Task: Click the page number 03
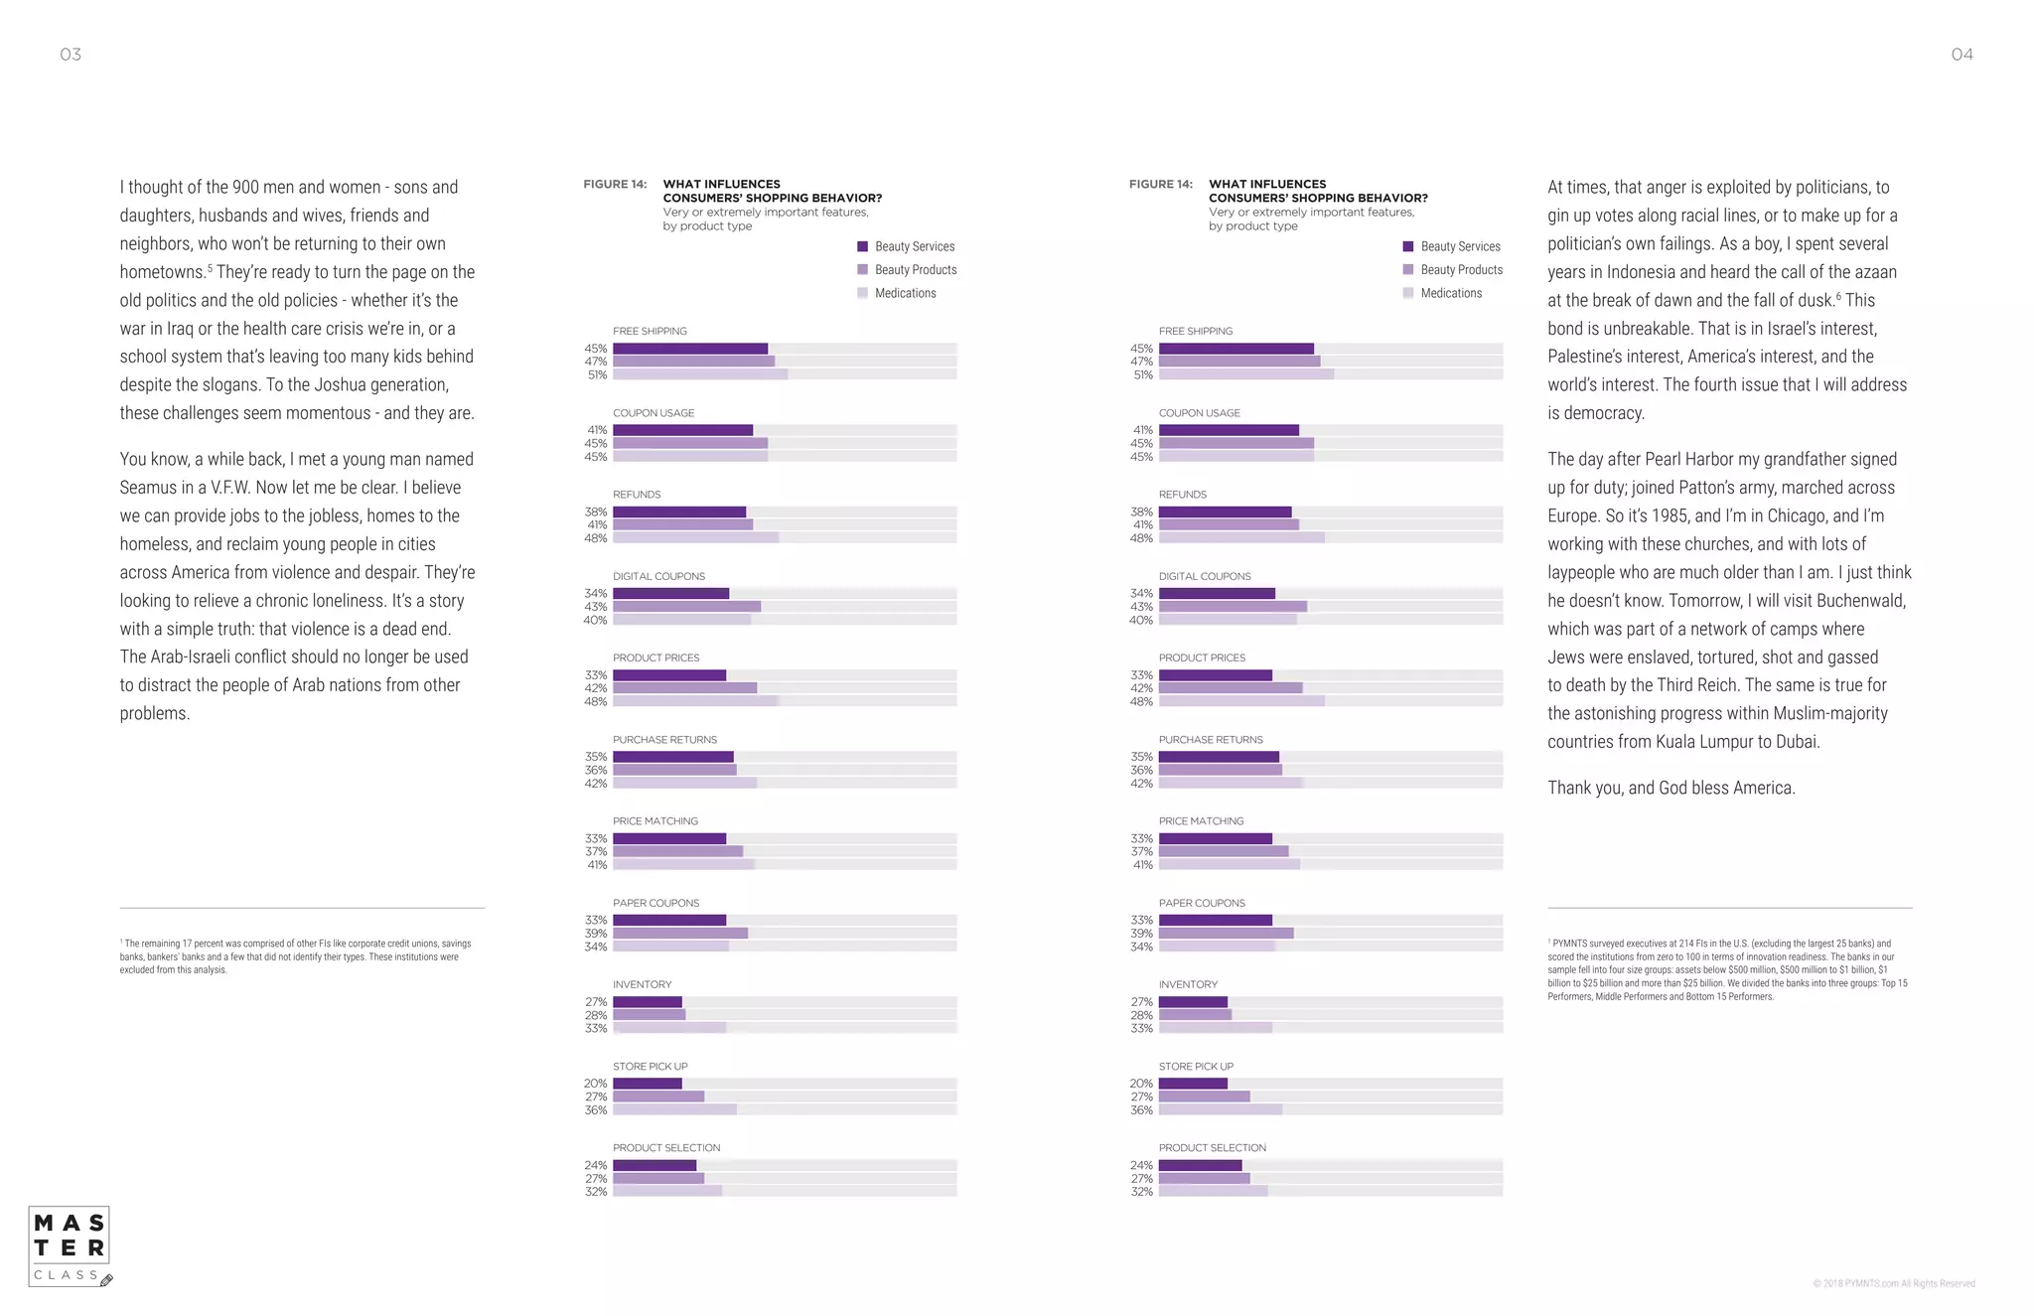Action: coord(71,55)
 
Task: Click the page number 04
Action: coord(1961,55)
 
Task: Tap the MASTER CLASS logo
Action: coord(70,1246)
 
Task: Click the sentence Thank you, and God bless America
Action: coord(1671,788)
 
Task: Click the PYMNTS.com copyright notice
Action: coord(1893,1283)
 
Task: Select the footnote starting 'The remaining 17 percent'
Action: coord(296,956)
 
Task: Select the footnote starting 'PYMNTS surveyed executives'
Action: coord(1728,969)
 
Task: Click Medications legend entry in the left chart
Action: coord(904,293)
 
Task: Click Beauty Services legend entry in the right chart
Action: coord(1459,246)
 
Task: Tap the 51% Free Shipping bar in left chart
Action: coord(700,374)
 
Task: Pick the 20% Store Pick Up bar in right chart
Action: coord(1193,1084)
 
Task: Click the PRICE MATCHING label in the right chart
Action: coord(1201,821)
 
